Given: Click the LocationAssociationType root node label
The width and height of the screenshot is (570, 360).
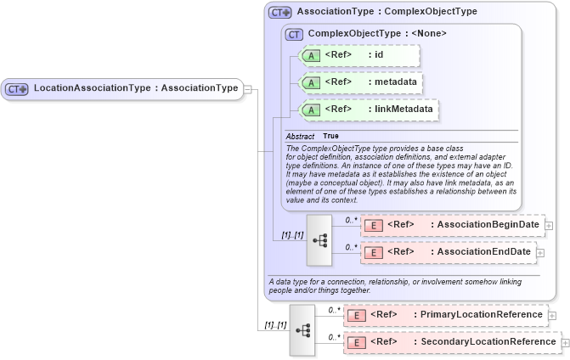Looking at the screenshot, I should (135, 87).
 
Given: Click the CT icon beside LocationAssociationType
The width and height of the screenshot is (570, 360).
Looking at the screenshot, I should (17, 88).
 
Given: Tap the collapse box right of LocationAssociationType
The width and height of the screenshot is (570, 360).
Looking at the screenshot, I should (247, 87).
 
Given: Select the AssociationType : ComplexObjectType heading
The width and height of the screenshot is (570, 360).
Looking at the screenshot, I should (387, 12).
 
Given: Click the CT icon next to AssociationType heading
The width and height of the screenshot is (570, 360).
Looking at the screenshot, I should (279, 13).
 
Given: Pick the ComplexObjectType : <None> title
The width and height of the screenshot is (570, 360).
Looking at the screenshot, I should (377, 34).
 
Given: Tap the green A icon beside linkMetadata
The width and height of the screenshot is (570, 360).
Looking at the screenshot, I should (311, 110).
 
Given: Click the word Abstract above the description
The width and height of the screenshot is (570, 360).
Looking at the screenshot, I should (300, 136).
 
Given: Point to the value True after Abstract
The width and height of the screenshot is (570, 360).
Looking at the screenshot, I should (330, 136).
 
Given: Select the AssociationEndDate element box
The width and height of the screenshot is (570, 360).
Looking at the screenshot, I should (449, 252).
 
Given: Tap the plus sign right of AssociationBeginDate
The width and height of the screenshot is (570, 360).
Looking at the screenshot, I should (549, 226).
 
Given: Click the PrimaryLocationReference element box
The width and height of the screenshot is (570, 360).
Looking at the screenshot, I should (445, 315).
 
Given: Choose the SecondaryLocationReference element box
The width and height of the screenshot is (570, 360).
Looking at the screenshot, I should (451, 342).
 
